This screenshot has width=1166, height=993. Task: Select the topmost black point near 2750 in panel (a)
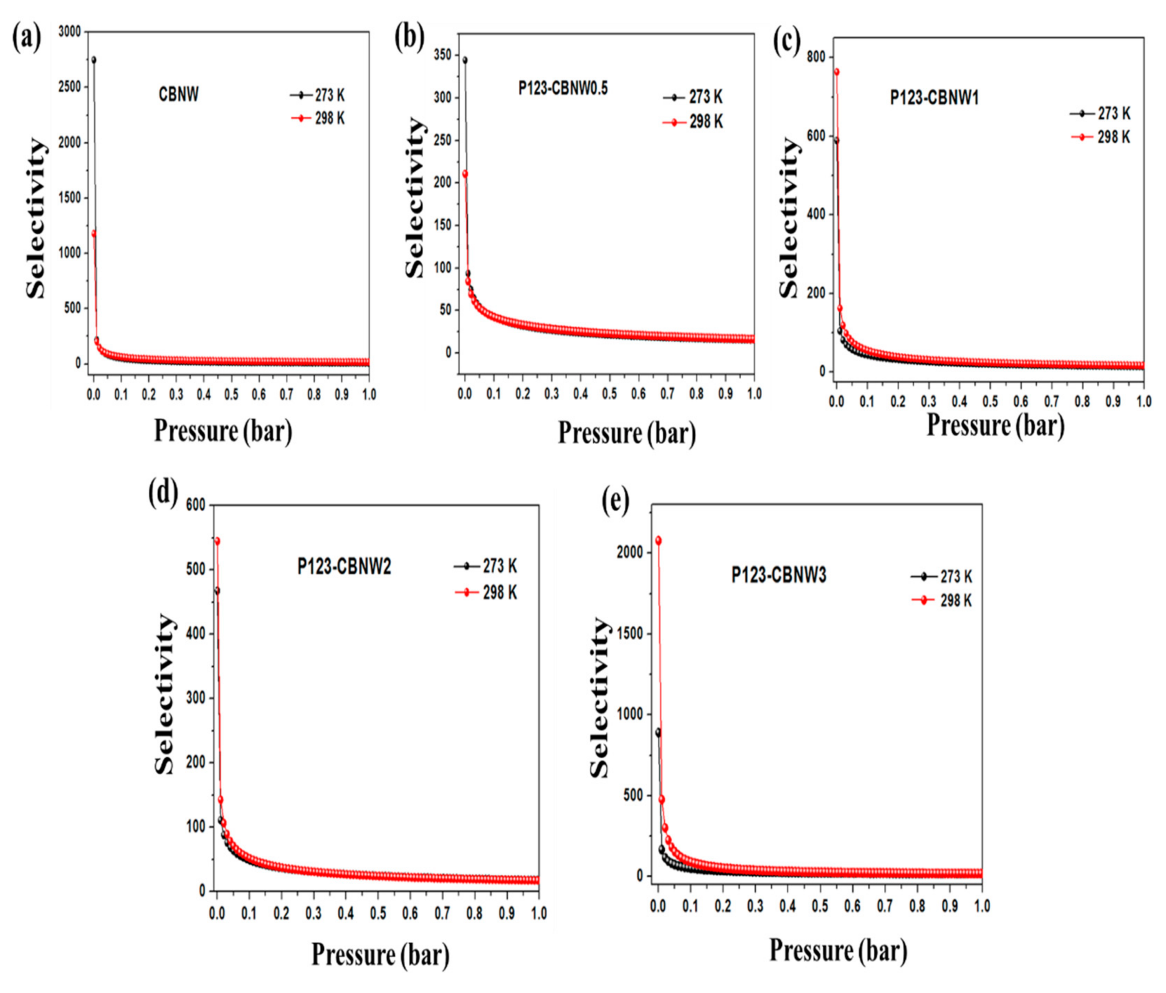pos(93,60)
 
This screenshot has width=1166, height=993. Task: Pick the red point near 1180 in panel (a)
pos(94,233)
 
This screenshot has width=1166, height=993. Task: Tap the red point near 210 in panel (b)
pos(465,174)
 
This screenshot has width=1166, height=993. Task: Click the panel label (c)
pos(787,43)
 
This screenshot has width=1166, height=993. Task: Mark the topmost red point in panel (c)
pos(836,72)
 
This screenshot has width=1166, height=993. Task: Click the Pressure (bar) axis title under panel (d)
pos(380,955)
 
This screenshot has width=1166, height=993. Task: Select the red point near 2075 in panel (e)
pos(658,541)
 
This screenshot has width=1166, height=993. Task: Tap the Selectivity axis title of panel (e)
pos(601,697)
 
